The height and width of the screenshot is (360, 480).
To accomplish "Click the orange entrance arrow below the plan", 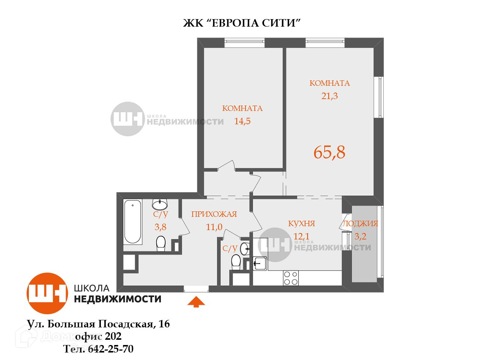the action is coord(196,302).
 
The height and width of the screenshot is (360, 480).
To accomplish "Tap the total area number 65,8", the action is coord(329,152).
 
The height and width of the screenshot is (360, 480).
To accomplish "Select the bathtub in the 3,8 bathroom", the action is coord(132,222).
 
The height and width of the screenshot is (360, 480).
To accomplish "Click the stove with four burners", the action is coord(291,278).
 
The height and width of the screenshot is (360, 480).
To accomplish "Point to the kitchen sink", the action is coord(259,263).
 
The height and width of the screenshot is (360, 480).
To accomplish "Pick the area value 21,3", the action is coord(329,96).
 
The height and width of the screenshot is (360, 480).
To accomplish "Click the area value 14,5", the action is coord(242,121).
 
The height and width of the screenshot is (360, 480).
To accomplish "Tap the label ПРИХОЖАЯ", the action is coord(214,214).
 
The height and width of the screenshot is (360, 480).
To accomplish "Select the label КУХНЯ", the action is coord(301,223).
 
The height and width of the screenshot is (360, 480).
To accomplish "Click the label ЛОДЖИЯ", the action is coord(360,224).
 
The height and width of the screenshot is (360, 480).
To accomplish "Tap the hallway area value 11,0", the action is coord(214,227).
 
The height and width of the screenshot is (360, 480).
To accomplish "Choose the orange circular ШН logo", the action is coord(47,293).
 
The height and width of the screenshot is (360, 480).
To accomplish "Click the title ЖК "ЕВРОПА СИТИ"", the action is coord(242,23).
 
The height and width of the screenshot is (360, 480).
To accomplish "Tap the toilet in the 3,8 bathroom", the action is coord(160,244).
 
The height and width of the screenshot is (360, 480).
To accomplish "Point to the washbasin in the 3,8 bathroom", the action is coord(160,205).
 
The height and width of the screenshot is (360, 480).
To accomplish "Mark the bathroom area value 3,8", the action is coord(160,227).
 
